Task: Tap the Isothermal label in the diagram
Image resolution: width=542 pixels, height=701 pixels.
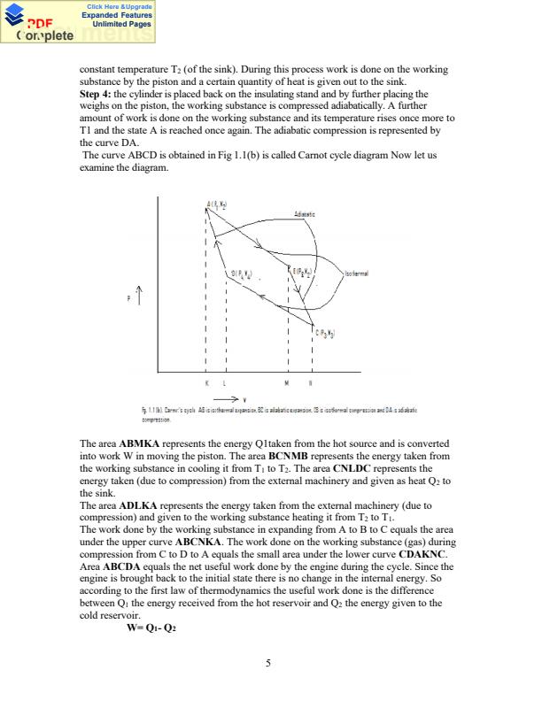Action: [356, 273]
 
